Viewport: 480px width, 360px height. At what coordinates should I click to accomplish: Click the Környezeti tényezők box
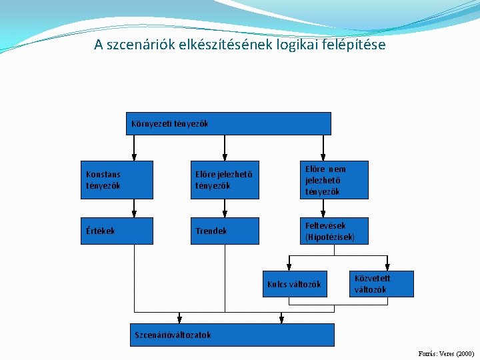pos(229,123)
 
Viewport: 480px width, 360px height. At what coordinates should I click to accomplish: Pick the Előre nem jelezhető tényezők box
pos(334,180)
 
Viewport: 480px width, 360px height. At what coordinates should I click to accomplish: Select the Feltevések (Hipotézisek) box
pos(334,231)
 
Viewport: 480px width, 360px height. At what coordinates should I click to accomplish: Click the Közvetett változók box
pos(382,284)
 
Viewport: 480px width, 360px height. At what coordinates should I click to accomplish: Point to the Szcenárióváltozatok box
pos(230,335)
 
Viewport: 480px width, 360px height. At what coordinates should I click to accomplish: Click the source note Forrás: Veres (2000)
pos(445,353)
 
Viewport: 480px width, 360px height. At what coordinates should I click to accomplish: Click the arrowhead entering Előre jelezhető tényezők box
pos(225,157)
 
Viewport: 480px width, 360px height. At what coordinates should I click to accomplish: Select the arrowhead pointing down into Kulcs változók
pos(288,267)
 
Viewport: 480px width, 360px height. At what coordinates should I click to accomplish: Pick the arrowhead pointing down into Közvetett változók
pos(387,267)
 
